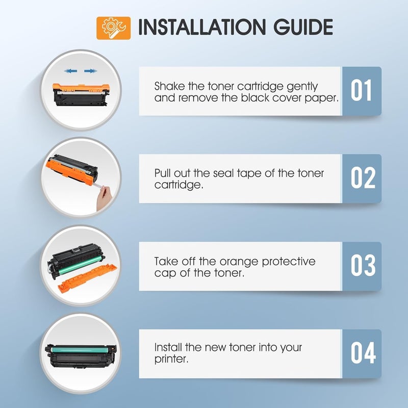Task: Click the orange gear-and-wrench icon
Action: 113,28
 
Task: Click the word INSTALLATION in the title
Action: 201,27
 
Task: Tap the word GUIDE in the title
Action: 303,27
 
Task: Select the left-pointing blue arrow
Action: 70,71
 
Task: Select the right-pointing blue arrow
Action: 91,71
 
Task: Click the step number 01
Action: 361,91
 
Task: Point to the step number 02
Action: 363,178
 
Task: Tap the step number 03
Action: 363,265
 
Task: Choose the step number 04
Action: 363,353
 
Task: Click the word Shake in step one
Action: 169,86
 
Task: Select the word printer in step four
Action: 171,360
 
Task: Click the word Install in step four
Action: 168,347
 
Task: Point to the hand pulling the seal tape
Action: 104,198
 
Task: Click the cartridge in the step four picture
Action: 81,356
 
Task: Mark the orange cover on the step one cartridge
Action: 81,88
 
